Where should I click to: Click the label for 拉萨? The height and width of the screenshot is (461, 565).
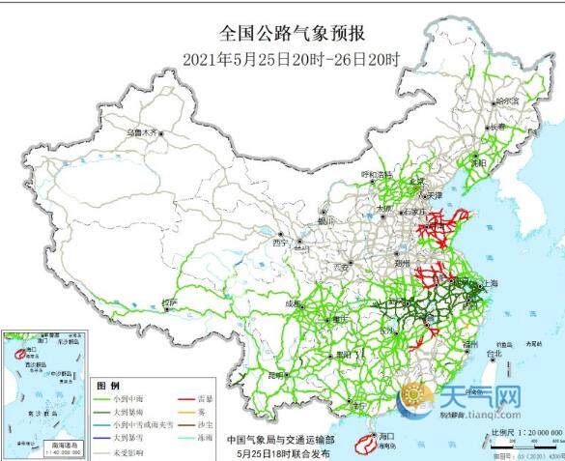[x=170, y=303]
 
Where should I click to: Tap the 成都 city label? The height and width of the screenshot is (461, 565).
[x=293, y=303]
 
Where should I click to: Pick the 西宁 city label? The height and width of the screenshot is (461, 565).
[x=281, y=243]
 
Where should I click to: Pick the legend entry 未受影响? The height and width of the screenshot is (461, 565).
[x=127, y=450]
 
